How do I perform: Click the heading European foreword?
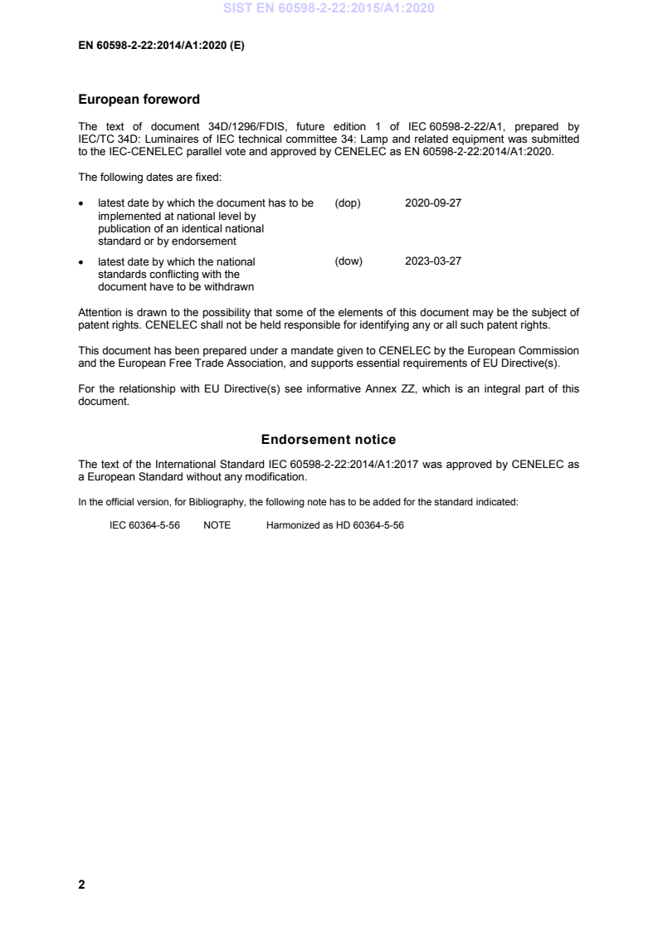pos(139,100)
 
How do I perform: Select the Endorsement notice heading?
pos(329,439)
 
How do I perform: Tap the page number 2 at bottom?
pos(81,885)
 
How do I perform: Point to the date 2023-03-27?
pos(433,261)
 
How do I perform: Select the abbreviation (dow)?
pos(348,261)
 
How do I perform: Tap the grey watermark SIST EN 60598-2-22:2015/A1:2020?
pos(329,9)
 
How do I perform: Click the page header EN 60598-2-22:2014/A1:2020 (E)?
pos(161,46)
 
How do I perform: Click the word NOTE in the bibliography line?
pos(217,526)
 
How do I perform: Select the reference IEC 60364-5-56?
pos(144,526)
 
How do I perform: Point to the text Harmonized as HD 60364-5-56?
pos(334,526)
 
